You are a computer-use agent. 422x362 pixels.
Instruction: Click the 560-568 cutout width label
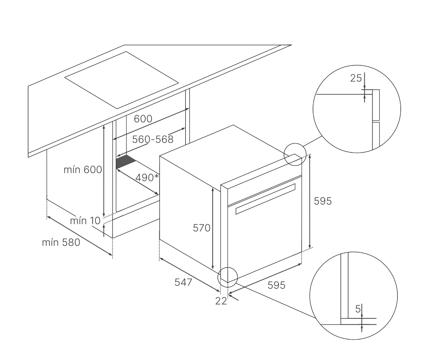tap(152, 139)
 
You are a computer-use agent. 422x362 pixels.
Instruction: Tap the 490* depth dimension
tap(147, 178)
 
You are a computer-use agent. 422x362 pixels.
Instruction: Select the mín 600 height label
tap(83, 169)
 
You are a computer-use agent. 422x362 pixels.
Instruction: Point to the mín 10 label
tap(85, 221)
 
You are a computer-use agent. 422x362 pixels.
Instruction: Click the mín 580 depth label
tap(61, 243)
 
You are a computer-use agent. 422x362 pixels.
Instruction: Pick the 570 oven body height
tap(201, 228)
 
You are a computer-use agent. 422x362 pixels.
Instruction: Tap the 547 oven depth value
tap(183, 282)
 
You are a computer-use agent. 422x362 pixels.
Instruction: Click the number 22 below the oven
tap(221, 301)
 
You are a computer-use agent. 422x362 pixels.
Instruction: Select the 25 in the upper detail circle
tap(356, 78)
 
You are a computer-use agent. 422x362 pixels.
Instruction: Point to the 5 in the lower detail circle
tap(358, 309)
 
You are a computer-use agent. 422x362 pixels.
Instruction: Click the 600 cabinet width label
tap(143, 119)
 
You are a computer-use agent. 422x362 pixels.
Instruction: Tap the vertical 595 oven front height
tap(323, 201)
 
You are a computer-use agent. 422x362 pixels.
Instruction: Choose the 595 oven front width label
tap(276, 285)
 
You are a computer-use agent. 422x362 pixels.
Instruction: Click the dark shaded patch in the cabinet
tap(126, 162)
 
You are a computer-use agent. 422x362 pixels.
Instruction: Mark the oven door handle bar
tap(265, 199)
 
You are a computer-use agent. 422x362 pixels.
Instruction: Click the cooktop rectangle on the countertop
tap(121, 80)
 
